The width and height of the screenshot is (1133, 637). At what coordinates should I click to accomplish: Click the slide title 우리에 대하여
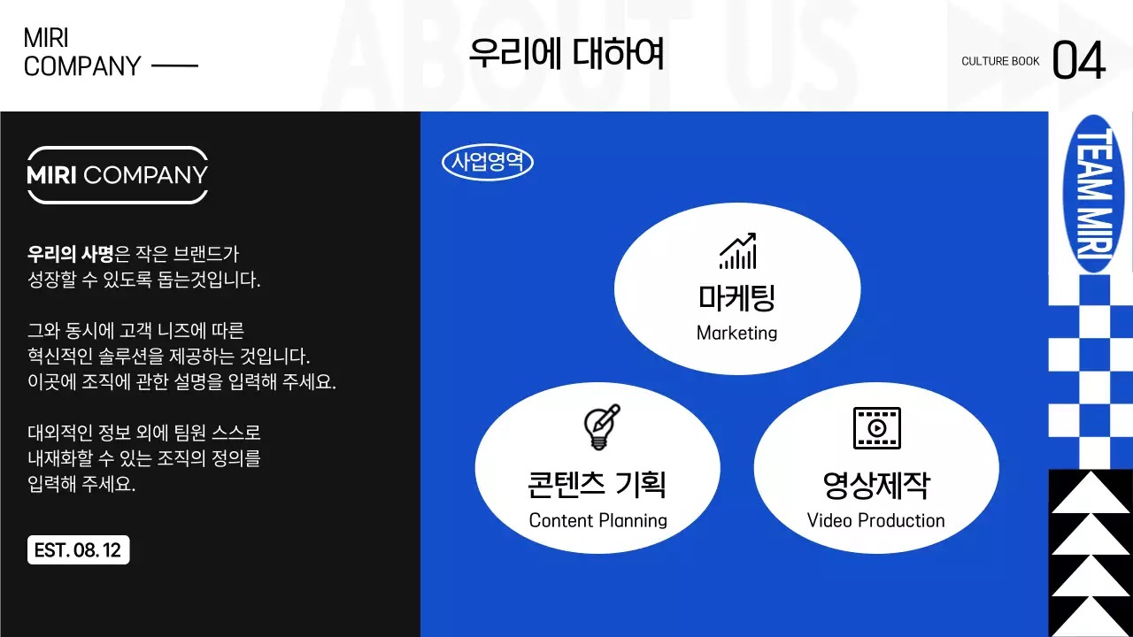coord(566,54)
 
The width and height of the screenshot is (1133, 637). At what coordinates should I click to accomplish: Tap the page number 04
coord(1079,62)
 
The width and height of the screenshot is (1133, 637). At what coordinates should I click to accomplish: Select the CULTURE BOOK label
coord(1000,61)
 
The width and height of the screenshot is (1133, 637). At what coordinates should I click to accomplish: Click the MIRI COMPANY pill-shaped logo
coord(117,175)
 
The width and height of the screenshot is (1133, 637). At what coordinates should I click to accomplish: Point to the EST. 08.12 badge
coord(78,550)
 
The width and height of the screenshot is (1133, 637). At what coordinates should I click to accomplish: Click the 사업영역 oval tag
coord(487,163)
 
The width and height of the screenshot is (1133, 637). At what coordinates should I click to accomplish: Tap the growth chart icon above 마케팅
coord(737,251)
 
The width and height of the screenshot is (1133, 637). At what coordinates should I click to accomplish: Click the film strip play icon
coord(876,428)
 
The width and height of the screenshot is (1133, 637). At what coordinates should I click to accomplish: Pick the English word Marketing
coord(736,334)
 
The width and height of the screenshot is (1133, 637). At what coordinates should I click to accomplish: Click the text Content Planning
coord(597,520)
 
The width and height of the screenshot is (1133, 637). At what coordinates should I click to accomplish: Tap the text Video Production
coord(875,520)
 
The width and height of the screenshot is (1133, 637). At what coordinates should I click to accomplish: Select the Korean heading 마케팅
coord(736,298)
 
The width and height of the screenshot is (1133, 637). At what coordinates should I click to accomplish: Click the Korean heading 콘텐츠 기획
coord(597,485)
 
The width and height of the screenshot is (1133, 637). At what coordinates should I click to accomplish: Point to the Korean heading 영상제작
coord(875,485)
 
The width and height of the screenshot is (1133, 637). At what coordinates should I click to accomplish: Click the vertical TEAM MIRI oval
coord(1091,193)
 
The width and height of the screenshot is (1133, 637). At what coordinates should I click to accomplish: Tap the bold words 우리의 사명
coord(71,255)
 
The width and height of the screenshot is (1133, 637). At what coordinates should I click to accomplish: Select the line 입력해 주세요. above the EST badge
coord(81,485)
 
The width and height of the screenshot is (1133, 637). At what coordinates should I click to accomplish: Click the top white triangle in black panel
coord(1091,492)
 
